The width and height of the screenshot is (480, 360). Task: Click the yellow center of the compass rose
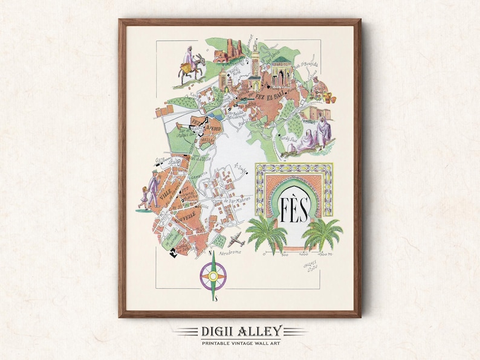coord(213,277)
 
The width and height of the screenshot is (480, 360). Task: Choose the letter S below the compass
coord(215,298)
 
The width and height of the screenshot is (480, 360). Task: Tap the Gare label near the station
coord(161,160)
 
